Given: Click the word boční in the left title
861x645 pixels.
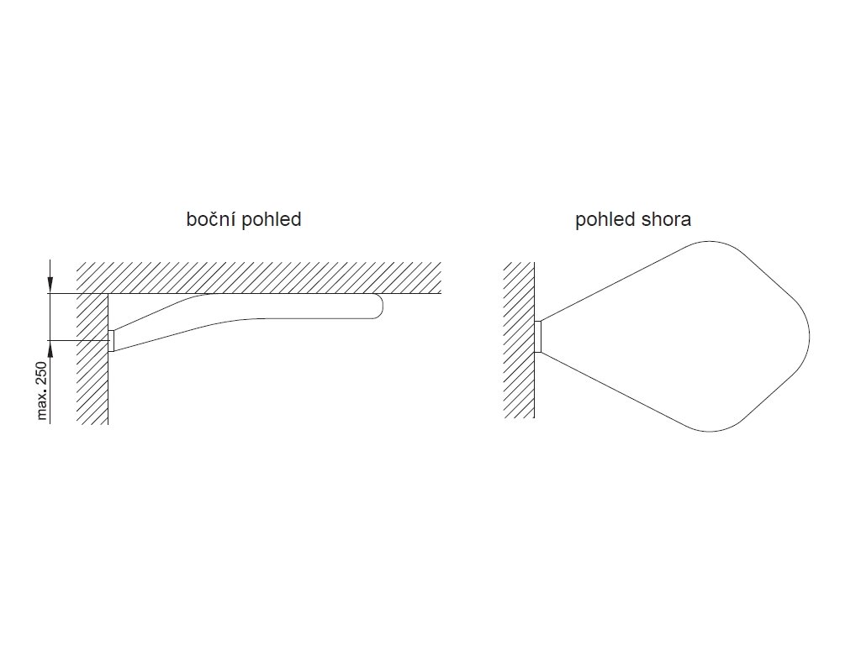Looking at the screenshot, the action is (x=211, y=220).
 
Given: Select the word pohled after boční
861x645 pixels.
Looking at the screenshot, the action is (x=271, y=220).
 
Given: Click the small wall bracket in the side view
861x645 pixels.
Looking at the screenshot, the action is (x=111, y=340).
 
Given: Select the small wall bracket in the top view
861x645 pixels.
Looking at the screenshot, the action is (x=538, y=336).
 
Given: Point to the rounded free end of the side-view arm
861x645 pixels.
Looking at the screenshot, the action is (x=380, y=307).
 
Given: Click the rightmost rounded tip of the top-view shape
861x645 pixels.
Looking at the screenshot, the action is (x=809, y=336).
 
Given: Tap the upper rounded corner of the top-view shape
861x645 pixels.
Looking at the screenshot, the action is (x=710, y=242).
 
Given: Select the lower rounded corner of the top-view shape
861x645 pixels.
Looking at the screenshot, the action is (x=710, y=430).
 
